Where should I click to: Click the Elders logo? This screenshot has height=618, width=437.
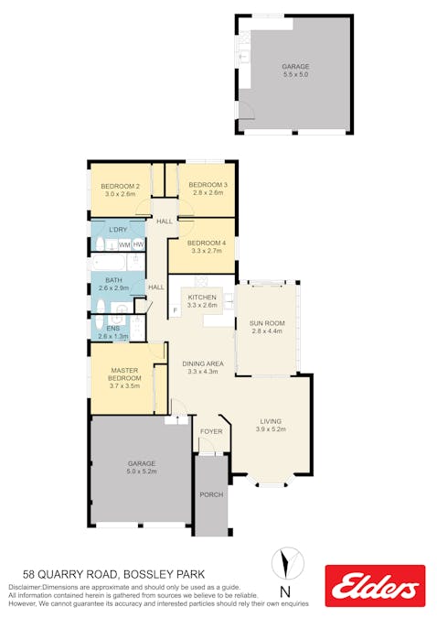(x=375, y=585)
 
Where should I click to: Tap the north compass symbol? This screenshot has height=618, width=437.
(x=288, y=563)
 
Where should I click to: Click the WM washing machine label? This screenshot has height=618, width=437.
(x=124, y=244)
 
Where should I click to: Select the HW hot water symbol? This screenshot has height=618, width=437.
(x=138, y=244)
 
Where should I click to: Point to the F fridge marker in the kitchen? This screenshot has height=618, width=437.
(x=176, y=310)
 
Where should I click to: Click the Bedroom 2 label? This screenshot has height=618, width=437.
(x=120, y=186)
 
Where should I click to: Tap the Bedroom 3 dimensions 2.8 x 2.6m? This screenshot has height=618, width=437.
(x=208, y=193)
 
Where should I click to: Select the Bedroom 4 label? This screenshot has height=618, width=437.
(x=207, y=243)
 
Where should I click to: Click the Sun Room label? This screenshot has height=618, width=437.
(x=267, y=323)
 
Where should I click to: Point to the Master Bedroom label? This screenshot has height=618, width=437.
(x=124, y=374)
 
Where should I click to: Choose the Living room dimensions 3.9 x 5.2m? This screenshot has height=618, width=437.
(x=271, y=429)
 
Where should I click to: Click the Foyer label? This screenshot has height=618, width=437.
(x=211, y=431)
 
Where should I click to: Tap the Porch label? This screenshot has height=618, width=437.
(x=211, y=494)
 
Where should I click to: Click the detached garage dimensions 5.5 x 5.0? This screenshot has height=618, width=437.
(x=295, y=74)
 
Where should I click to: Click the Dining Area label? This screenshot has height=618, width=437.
(x=203, y=363)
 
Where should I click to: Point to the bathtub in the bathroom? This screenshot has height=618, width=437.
(x=109, y=262)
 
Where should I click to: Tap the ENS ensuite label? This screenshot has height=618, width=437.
(x=113, y=329)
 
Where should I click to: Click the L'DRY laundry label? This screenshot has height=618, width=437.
(x=118, y=230)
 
